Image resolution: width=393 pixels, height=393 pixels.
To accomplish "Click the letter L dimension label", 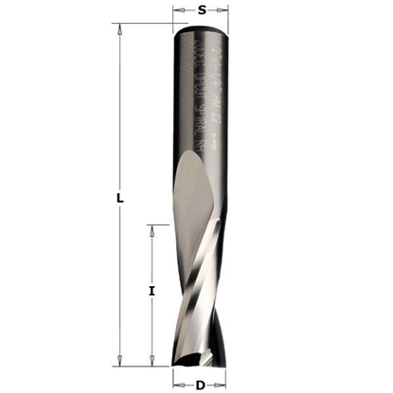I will point(118,198).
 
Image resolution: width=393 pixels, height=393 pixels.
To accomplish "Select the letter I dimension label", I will point(151,292).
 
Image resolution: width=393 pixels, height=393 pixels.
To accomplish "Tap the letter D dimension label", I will point(201,384).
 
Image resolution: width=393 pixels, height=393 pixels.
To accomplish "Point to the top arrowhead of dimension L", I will point(118,29).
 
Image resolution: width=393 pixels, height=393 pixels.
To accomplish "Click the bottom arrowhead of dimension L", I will point(118,359).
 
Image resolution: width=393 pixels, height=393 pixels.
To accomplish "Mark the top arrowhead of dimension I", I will point(152,229).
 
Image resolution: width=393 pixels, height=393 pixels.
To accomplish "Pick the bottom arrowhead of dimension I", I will point(152,359).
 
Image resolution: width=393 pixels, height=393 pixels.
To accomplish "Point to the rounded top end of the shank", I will point(202,28).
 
